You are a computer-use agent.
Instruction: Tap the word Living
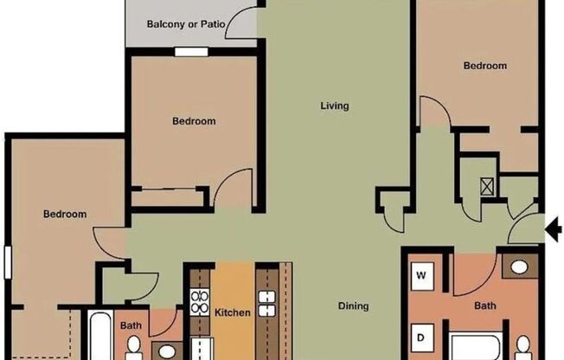(334, 106)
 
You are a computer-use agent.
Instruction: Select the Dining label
(353, 305)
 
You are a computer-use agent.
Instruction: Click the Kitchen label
(233, 312)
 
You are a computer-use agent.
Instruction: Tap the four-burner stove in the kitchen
(200, 303)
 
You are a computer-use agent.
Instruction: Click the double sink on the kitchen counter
(266, 305)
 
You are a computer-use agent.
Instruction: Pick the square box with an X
(487, 184)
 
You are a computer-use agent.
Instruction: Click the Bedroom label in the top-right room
(484, 66)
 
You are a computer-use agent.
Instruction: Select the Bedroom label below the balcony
(194, 121)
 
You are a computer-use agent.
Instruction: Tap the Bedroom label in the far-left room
(66, 214)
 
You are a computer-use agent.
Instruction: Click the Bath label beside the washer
(485, 305)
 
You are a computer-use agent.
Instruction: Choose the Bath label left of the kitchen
(131, 325)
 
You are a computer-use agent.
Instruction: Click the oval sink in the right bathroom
(518, 267)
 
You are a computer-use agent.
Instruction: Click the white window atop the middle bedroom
(190, 51)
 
